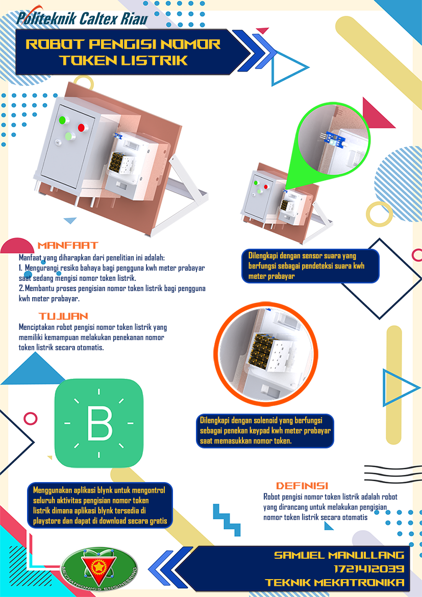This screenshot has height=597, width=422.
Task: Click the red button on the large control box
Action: click(81, 128)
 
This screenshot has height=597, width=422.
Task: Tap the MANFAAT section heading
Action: click(68, 245)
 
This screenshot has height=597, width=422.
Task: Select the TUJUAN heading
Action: click(64, 316)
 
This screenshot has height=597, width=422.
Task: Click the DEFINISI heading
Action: click(302, 486)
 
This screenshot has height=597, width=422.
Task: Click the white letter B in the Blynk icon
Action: click(100, 423)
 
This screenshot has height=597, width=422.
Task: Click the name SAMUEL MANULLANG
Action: click(339, 555)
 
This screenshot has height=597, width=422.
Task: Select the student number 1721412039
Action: click(369, 569)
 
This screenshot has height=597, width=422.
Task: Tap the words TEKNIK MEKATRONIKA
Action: click(335, 583)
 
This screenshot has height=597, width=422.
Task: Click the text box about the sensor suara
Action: click(311, 266)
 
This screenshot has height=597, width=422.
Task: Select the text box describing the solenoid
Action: click(265, 431)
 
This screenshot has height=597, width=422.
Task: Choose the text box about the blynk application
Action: click(100, 505)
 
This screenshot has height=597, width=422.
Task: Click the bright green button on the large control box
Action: click(62, 121)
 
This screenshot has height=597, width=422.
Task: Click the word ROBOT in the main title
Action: click(55, 44)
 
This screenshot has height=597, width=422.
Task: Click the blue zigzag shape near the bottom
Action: click(227, 520)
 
